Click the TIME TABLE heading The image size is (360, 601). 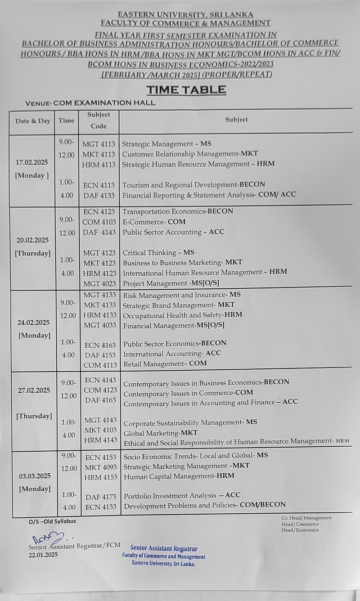(186, 90)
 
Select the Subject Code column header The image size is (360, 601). (99, 120)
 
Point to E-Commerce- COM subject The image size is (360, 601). (154, 222)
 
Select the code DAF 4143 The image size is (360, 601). (99, 232)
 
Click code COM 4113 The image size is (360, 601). (100, 365)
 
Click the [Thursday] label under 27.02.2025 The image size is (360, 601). (34, 416)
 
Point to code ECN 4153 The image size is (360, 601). (100, 457)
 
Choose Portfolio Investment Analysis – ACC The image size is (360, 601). (182, 496)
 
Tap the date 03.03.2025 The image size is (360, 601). (35, 476)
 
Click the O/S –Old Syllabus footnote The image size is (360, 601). (52, 521)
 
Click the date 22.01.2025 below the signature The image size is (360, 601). (43, 555)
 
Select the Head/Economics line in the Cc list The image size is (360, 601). (300, 530)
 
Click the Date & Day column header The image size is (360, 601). (33, 121)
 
